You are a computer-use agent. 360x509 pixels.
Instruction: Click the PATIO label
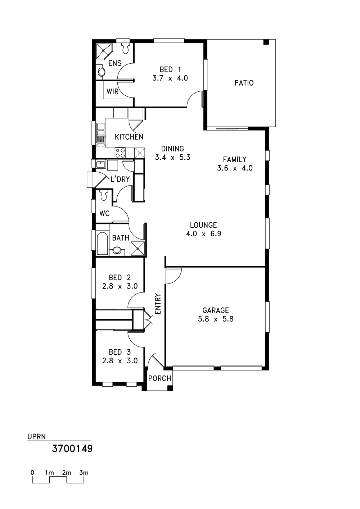[x=244, y=83]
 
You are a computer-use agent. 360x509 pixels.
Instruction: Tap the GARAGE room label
[x=216, y=310]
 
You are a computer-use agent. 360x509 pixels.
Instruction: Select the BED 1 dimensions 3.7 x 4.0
[x=170, y=78]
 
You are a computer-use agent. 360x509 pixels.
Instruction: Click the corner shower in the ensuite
[x=103, y=51]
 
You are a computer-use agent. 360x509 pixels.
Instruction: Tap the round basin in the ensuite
[x=101, y=72]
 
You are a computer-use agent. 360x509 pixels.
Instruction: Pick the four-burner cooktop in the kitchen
[x=120, y=153]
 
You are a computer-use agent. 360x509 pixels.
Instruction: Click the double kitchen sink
[x=100, y=133]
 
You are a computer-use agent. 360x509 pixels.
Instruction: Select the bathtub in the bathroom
[x=102, y=243]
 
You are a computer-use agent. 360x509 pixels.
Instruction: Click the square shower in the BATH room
[x=138, y=249]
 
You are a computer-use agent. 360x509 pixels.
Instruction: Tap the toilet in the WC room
[x=104, y=195]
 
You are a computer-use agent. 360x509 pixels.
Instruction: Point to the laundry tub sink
[x=100, y=164]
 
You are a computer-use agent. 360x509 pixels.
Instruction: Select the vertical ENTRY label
[x=158, y=304]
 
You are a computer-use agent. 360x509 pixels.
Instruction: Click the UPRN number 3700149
[x=72, y=449]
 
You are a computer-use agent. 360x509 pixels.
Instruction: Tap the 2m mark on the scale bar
[x=67, y=473]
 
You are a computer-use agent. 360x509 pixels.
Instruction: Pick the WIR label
[x=113, y=92]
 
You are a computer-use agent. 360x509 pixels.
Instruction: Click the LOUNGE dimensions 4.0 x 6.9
[x=203, y=234]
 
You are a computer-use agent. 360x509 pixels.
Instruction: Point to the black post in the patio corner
[x=266, y=42]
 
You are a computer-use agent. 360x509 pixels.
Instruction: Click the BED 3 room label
[x=120, y=352]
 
